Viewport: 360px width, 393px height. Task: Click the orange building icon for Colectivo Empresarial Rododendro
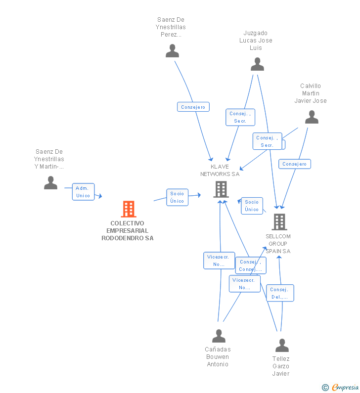(129, 209)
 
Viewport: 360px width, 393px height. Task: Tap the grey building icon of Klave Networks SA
(221, 189)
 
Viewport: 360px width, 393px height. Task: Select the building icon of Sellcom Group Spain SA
(279, 222)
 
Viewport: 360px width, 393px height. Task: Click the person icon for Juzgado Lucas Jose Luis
(257, 64)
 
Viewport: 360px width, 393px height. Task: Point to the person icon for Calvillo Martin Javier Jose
(312, 117)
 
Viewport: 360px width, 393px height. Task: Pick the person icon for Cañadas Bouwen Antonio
(219, 336)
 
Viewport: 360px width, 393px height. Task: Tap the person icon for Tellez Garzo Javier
(282, 346)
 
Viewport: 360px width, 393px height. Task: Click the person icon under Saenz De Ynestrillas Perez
(172, 51)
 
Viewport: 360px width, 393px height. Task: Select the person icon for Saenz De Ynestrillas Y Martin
(50, 183)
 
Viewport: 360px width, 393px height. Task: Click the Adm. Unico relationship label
(83, 192)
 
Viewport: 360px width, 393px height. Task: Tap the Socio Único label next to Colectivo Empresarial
(177, 197)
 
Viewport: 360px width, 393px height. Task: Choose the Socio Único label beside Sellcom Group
(252, 206)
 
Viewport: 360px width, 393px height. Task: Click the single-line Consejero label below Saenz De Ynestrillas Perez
(193, 107)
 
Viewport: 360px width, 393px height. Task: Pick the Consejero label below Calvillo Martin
(295, 164)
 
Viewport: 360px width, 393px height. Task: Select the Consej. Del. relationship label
(280, 293)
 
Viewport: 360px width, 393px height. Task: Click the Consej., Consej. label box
(250, 265)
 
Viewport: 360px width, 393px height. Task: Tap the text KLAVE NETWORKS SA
(220, 170)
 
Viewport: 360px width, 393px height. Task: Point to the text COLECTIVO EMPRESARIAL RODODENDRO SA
(128, 231)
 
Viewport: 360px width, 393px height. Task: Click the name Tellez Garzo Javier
(281, 366)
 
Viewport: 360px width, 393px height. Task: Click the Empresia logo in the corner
(344, 387)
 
